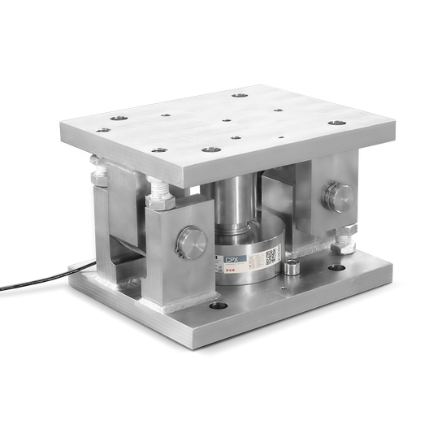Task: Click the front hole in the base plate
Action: [217, 307]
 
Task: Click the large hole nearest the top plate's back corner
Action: [239, 96]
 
